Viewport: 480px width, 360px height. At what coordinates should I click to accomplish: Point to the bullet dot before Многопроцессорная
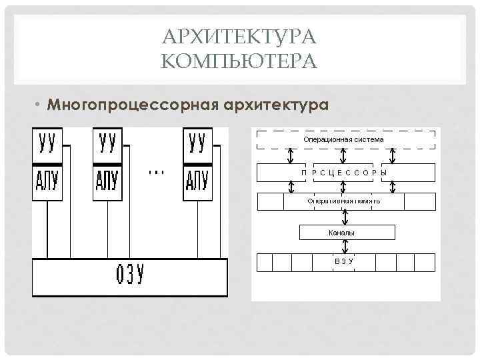tap(39, 106)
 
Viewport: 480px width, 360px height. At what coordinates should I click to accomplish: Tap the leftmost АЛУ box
tap(47, 181)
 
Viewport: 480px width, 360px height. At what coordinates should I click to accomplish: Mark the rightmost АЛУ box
tap(197, 181)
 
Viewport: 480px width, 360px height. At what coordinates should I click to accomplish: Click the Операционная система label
tap(343, 140)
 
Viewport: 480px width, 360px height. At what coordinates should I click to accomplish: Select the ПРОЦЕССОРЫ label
tap(343, 173)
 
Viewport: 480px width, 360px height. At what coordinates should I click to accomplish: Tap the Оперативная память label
tap(343, 200)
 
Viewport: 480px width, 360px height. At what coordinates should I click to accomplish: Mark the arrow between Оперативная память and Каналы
tap(344, 217)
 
